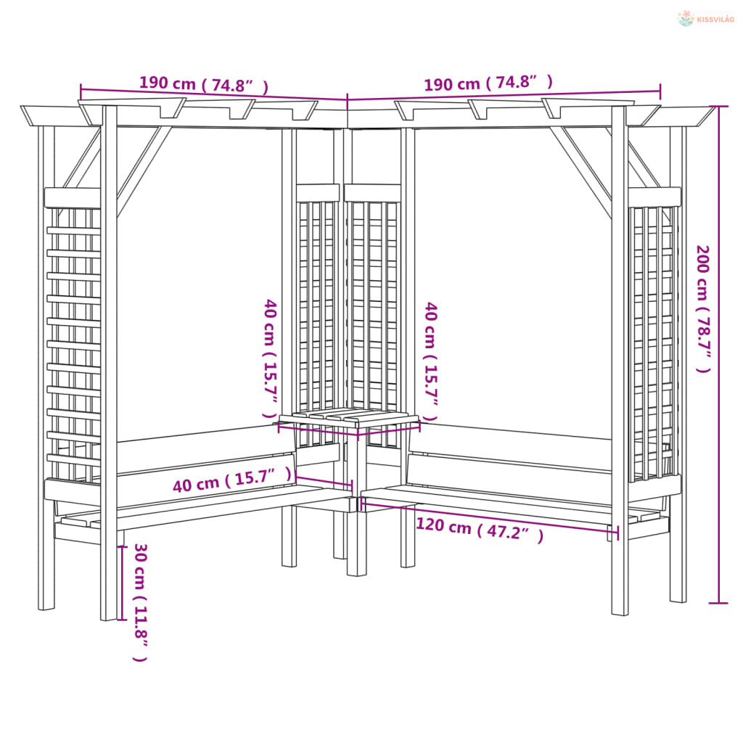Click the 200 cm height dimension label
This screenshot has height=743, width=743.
pos(704,308)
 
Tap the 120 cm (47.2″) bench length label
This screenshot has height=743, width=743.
pos(479,530)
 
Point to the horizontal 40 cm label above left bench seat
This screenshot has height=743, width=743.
pos(231,481)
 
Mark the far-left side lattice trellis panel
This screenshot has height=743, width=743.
pos(73,341)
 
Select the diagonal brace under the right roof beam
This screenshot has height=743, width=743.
pos(581,171)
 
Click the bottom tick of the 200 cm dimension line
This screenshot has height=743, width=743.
pos(718,602)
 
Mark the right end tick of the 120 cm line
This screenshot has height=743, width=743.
pos(617,533)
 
